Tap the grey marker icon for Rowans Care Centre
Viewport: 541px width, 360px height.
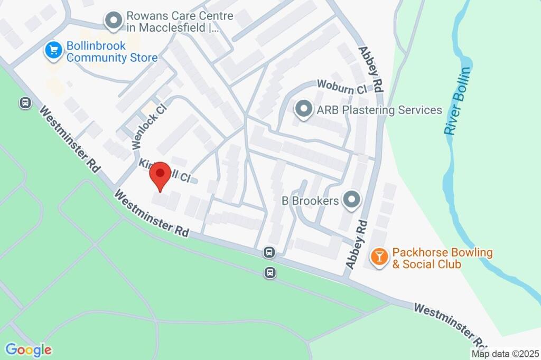113,21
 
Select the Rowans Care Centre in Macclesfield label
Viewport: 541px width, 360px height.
180,22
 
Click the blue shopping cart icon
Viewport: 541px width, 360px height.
52,51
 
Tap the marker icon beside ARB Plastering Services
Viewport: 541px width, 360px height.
303,110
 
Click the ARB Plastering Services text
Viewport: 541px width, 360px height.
379,110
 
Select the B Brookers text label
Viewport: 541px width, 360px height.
310,201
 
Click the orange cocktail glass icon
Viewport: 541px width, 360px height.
379,257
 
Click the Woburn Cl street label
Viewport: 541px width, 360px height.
341,87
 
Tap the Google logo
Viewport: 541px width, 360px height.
29,349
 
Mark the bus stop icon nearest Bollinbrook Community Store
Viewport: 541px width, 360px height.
25,102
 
